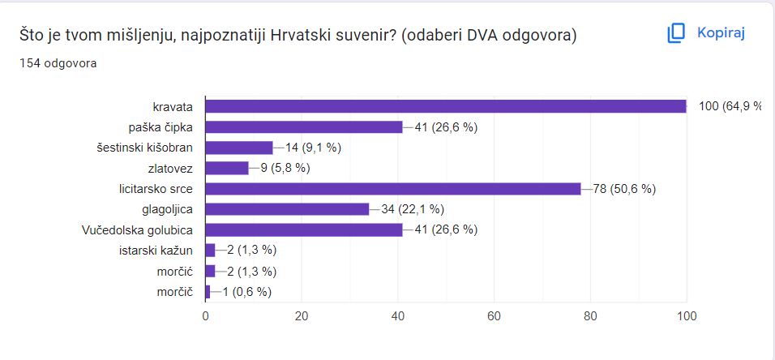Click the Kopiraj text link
[721, 32]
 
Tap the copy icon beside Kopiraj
[676, 33]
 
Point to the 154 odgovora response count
[58, 62]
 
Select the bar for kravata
[446, 106]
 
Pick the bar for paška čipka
[304, 126]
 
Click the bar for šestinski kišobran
[239, 148]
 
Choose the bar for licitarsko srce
[393, 189]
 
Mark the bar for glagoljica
[287, 209]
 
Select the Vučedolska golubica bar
[304, 229]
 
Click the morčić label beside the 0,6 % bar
[174, 292]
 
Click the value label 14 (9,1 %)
[313, 148]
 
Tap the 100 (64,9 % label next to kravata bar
[730, 106]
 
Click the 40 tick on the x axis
[398, 316]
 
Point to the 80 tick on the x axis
[590, 316]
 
